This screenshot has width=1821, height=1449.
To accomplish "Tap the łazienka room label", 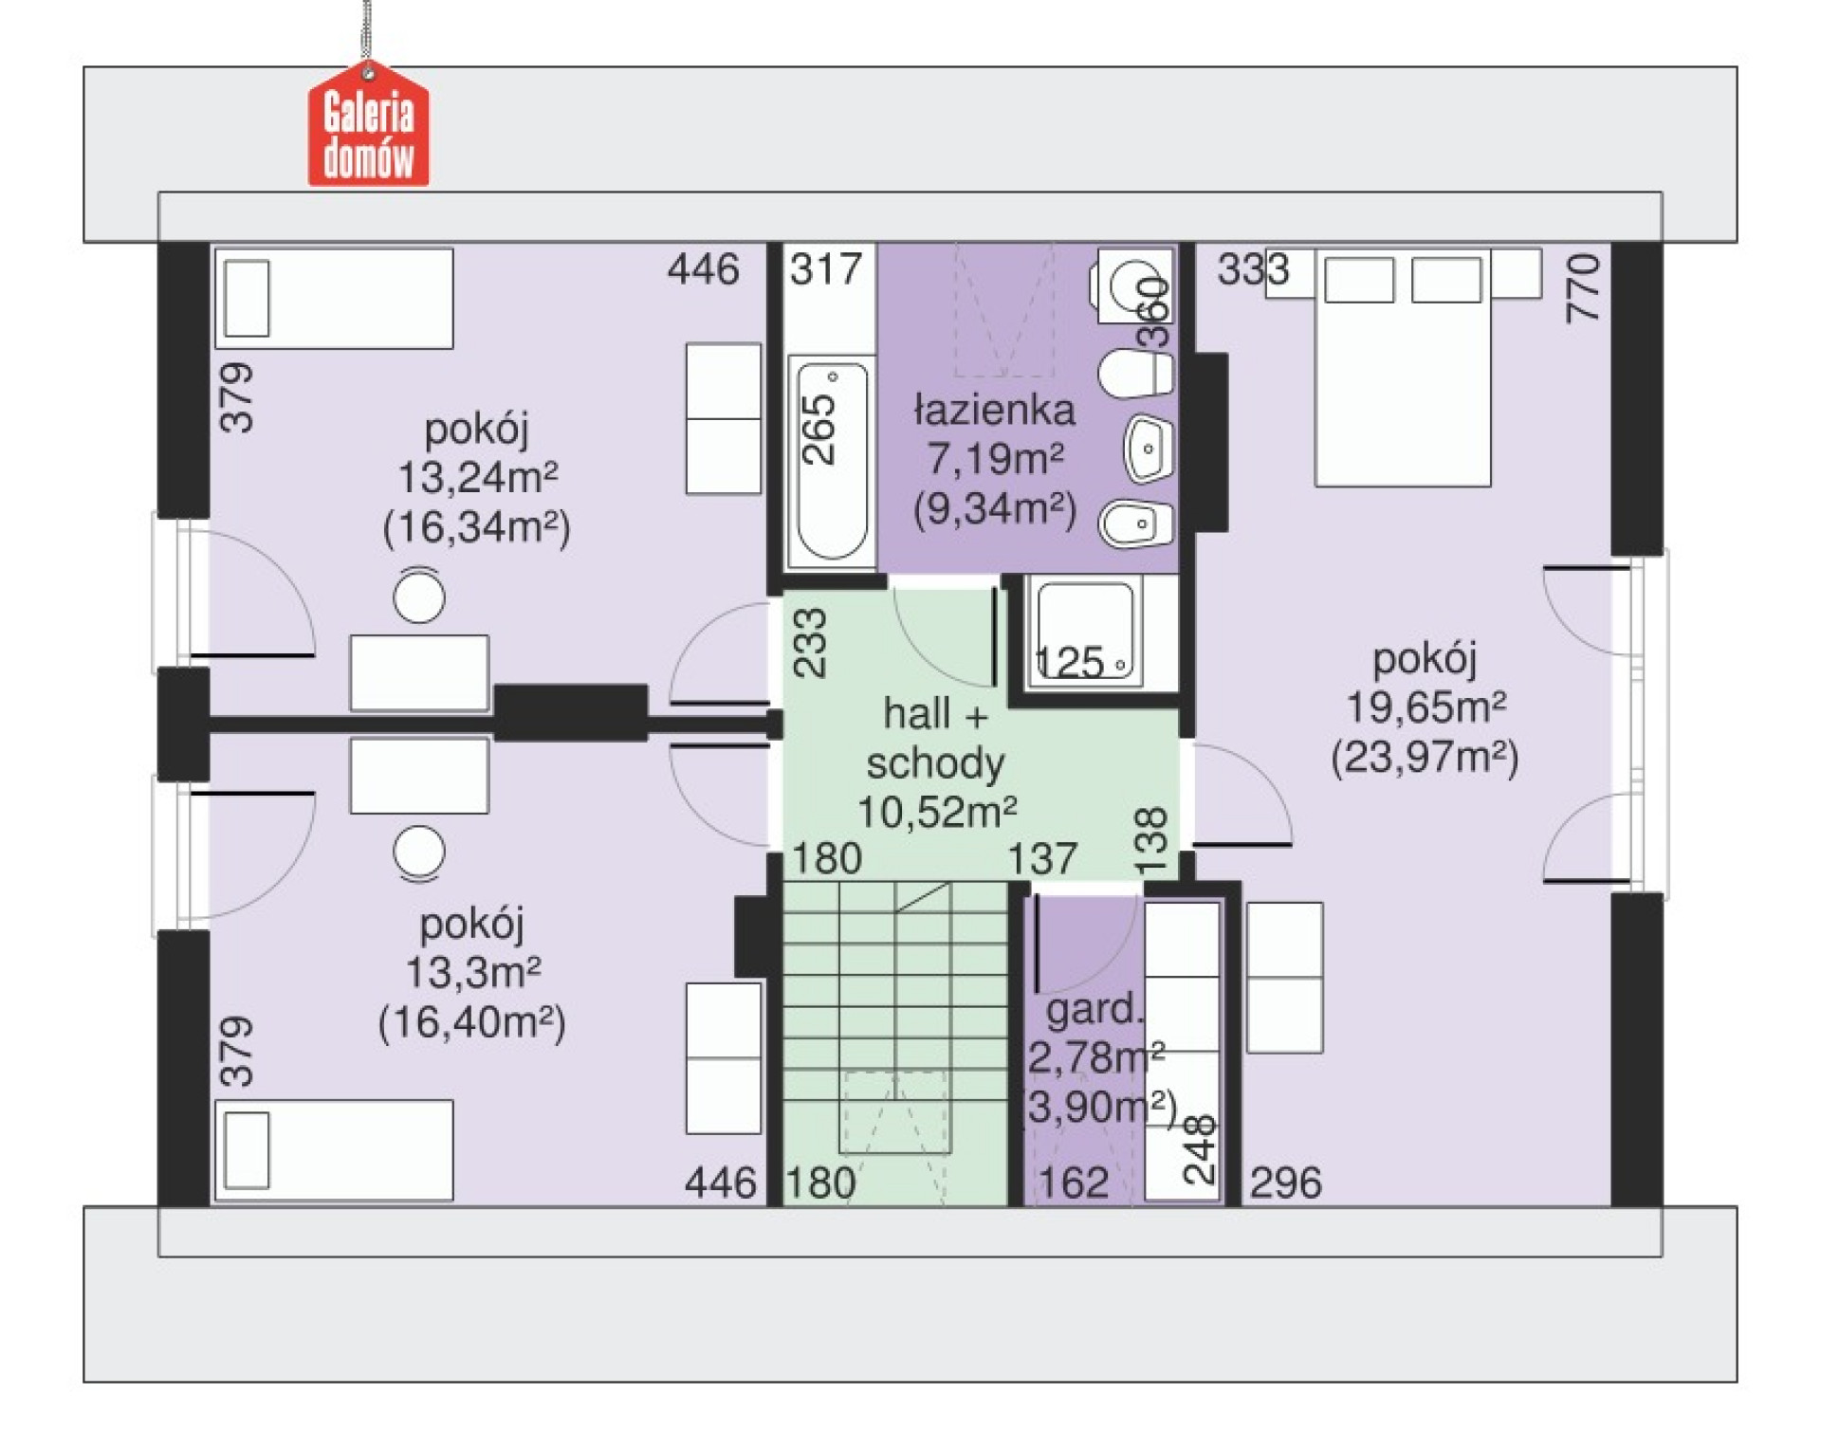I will coord(994,411).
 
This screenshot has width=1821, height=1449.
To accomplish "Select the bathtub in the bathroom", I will coord(832,461).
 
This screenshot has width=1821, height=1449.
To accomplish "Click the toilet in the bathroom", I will coord(1137,374).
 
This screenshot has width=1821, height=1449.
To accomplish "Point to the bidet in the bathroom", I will coord(1137,523).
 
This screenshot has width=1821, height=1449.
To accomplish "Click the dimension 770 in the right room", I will coord(1583,287).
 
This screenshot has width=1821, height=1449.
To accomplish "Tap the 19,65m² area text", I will coord(1425,707).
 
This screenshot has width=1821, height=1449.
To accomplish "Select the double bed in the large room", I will coord(1402,370).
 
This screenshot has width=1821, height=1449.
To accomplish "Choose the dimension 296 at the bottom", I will coord(1285,1183).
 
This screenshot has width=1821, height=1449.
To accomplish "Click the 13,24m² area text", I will coord(476,478).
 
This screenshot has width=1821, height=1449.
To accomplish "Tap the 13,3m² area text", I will coord(472,973).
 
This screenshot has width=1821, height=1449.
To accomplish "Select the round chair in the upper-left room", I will coord(419,596).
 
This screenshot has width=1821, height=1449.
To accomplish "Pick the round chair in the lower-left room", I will coord(419,851).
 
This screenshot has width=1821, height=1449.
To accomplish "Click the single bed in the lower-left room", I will coord(334,1150).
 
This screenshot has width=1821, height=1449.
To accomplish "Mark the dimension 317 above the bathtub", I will coord(826,269).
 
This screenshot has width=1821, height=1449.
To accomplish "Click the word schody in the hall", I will coord(935,764).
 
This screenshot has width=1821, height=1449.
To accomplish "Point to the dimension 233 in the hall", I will coord(810,642).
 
